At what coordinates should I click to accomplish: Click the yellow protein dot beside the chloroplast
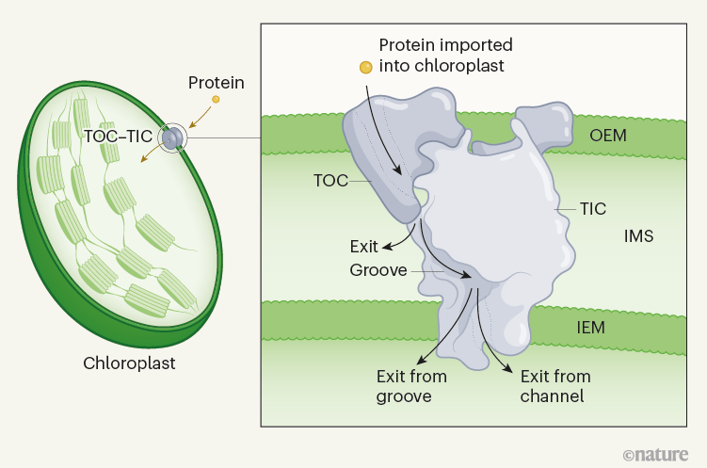(x=216, y=99)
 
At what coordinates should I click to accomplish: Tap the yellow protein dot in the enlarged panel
(x=365, y=67)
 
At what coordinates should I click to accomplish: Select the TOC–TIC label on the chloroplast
(x=118, y=136)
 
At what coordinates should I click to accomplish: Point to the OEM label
(x=608, y=136)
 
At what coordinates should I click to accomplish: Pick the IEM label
(x=590, y=327)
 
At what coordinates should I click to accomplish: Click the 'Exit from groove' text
(x=411, y=386)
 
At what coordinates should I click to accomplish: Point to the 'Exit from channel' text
(x=555, y=386)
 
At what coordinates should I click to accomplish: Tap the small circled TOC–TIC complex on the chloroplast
(x=171, y=138)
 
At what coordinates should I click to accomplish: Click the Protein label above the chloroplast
(x=217, y=83)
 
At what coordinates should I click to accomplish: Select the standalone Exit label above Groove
(x=363, y=247)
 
